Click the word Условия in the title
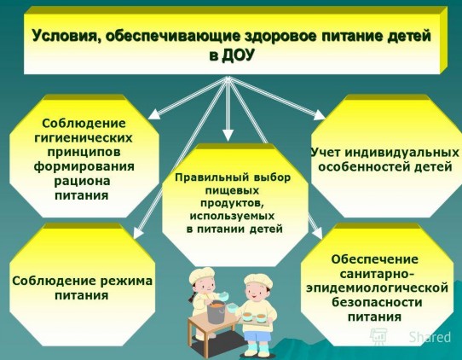click(x=63, y=37)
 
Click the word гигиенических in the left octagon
click(x=84, y=138)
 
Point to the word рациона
click(x=82, y=181)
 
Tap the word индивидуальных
click(x=401, y=153)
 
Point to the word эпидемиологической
click(x=377, y=288)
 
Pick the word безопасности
click(x=377, y=302)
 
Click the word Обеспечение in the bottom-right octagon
click(x=375, y=259)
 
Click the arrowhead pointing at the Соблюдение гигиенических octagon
click(x=154, y=114)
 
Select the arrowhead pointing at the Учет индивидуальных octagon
click(x=319, y=114)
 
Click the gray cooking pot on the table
click(x=217, y=311)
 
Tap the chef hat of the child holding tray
click(x=258, y=280)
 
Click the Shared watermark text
click(x=430, y=337)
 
